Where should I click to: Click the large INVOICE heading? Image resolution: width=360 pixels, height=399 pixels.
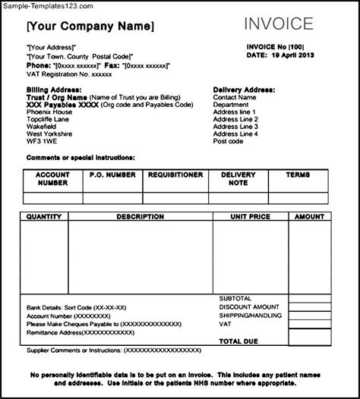pos(279,24)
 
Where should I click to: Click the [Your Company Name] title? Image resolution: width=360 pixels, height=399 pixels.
pos(90,27)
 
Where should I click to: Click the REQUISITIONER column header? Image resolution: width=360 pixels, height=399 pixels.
pos(175,174)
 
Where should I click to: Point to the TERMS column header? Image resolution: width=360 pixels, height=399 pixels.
pos(298,174)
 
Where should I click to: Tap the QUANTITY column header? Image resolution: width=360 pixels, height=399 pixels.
pos(44,216)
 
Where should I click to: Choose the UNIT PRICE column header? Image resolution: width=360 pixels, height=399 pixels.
pos(250,216)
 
